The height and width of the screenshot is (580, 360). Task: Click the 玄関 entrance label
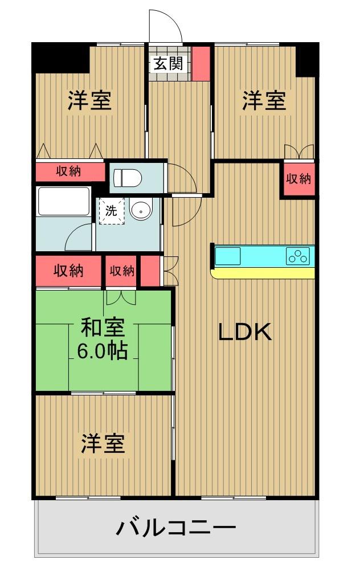click(169, 64)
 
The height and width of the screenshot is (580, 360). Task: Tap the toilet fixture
click(128, 178)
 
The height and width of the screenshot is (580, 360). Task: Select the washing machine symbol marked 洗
click(111, 211)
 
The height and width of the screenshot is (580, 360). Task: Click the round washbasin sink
click(141, 210)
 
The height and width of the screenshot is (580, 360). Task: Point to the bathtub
click(64, 202)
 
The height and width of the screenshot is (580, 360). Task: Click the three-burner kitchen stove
click(298, 256)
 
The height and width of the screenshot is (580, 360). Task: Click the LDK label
click(246, 332)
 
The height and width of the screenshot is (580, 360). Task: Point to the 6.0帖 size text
click(103, 351)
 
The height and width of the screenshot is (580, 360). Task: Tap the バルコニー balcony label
click(176, 528)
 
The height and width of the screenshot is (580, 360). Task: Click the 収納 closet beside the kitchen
click(298, 179)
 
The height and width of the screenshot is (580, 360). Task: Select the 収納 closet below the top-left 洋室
click(69, 171)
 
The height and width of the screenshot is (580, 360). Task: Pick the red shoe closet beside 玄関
click(201, 64)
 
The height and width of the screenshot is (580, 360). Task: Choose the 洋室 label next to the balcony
click(103, 443)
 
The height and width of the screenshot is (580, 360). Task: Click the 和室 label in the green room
click(103, 327)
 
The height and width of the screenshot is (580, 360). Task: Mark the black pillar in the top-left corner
click(60, 58)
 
